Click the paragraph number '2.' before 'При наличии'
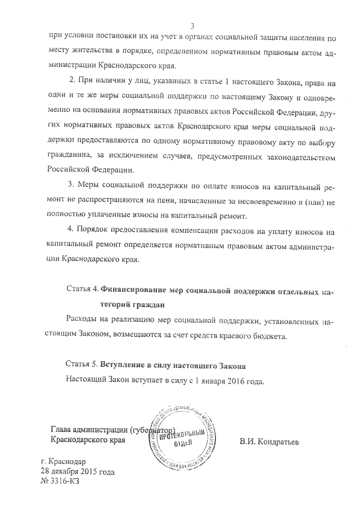coord(71,83)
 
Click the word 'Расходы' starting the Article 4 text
coord(83,319)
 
